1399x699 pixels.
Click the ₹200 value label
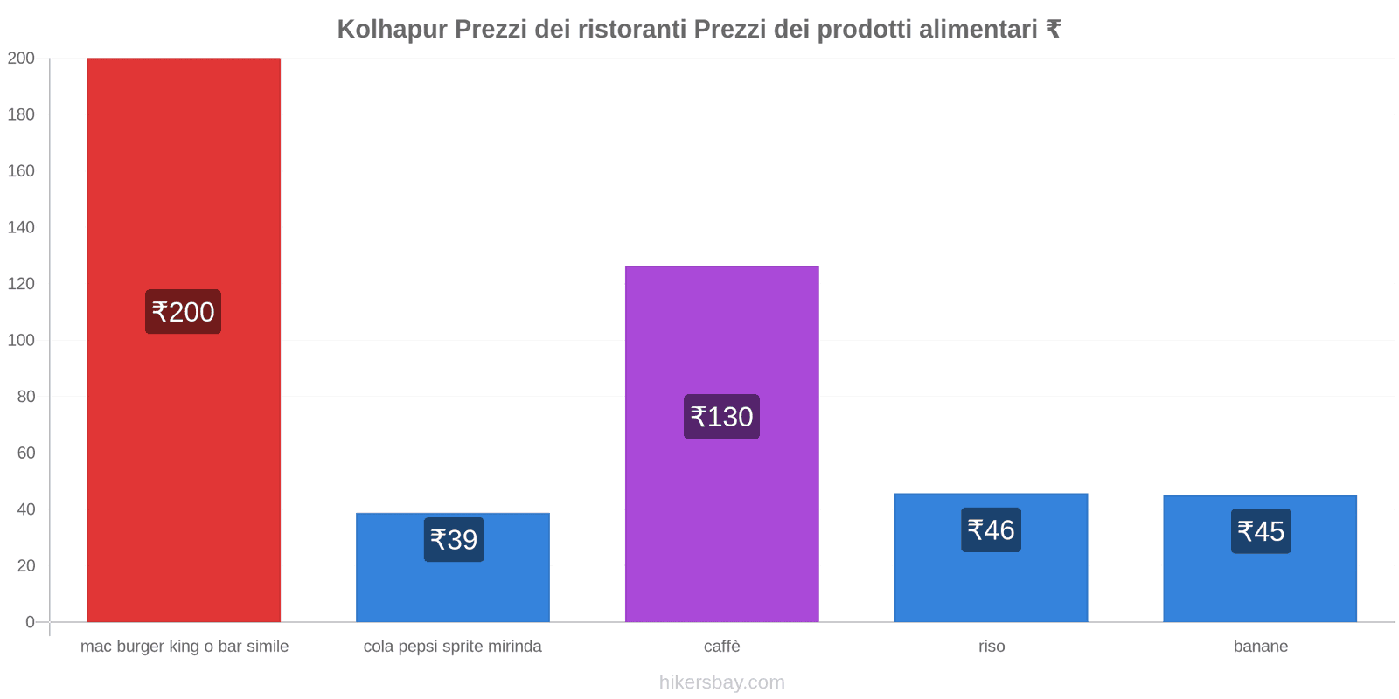(x=183, y=312)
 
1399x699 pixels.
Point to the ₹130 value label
(x=721, y=417)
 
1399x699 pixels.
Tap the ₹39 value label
(x=454, y=540)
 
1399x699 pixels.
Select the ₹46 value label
(x=991, y=530)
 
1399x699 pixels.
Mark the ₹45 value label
(x=1261, y=531)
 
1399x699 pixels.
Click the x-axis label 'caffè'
(x=721, y=647)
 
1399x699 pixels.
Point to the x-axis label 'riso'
(x=992, y=647)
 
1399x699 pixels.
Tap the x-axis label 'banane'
(x=1260, y=647)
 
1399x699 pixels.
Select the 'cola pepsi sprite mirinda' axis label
(x=452, y=647)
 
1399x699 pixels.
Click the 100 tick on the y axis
(x=21, y=340)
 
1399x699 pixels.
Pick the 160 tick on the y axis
(x=21, y=171)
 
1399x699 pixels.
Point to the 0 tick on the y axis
(x=30, y=622)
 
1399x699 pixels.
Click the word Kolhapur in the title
(x=392, y=30)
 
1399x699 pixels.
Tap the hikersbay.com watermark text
(x=721, y=682)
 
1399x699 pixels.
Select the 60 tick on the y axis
(x=25, y=453)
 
